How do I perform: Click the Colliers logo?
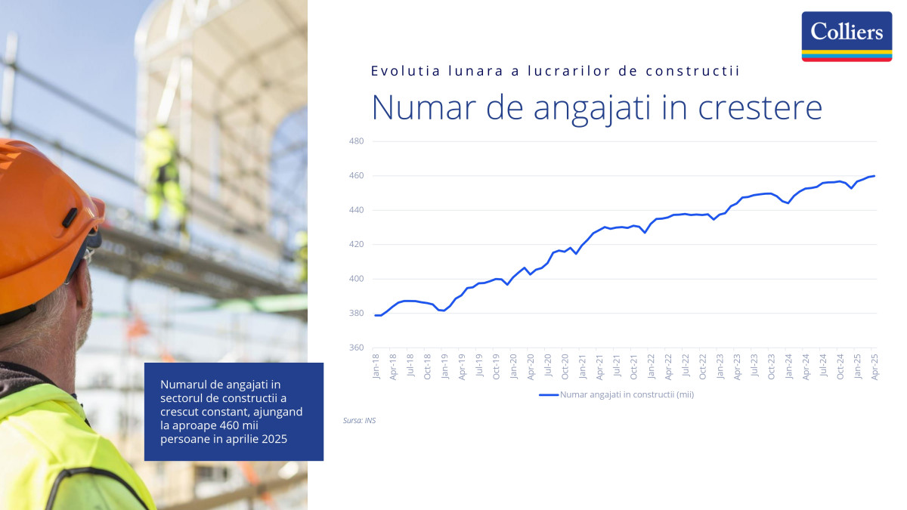pos(847,36)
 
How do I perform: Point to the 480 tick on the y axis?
pos(356,141)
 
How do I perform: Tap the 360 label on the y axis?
pos(356,348)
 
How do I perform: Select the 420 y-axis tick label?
pos(356,245)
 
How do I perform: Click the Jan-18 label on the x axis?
pos(376,366)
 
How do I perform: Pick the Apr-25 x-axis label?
pos(874,366)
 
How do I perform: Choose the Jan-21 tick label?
pos(583,366)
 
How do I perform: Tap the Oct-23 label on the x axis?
pos(772,366)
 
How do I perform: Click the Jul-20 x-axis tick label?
pos(548,366)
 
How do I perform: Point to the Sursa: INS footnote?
pos(359,421)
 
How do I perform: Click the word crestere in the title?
pos(760,107)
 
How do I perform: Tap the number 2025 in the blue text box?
pos(274,439)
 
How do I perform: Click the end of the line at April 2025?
pos(874,176)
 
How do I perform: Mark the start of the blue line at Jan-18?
pos(376,315)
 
